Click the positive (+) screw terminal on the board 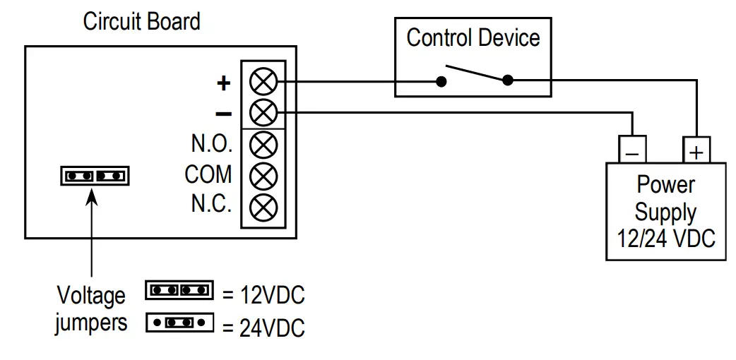(263, 82)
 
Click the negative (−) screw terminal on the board (263, 112)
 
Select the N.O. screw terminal (263, 144)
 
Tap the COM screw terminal (263, 174)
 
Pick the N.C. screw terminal (263, 205)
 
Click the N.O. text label (211, 144)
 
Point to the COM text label (208, 174)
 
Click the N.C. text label (211, 205)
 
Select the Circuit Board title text (141, 21)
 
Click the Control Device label (473, 37)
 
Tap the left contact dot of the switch (441, 82)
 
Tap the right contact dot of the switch (508, 81)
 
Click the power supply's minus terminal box (632, 150)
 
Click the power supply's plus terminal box (696, 150)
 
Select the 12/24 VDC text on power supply (666, 238)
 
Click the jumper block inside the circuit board (95, 175)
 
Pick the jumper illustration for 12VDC (179, 289)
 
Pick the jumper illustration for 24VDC (179, 323)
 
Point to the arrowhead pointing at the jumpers (93, 194)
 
